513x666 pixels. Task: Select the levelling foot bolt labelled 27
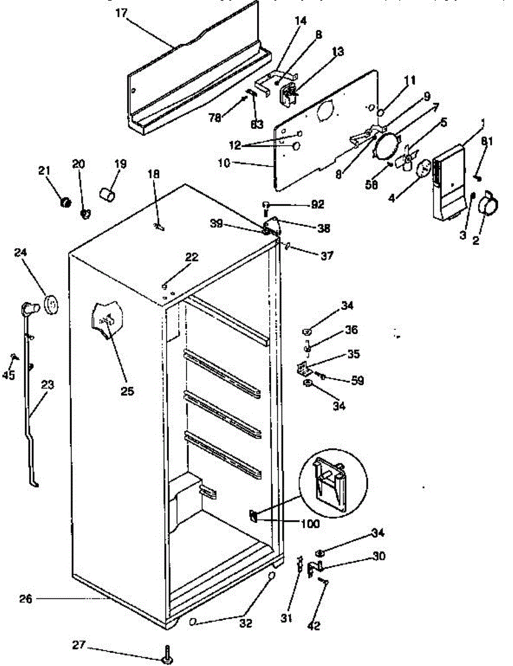point(166,655)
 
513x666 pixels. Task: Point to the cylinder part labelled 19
point(107,194)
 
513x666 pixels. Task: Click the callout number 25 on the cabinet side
point(128,391)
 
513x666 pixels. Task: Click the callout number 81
point(486,142)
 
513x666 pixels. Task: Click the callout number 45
point(8,375)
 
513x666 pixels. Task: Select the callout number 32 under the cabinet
point(245,623)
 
